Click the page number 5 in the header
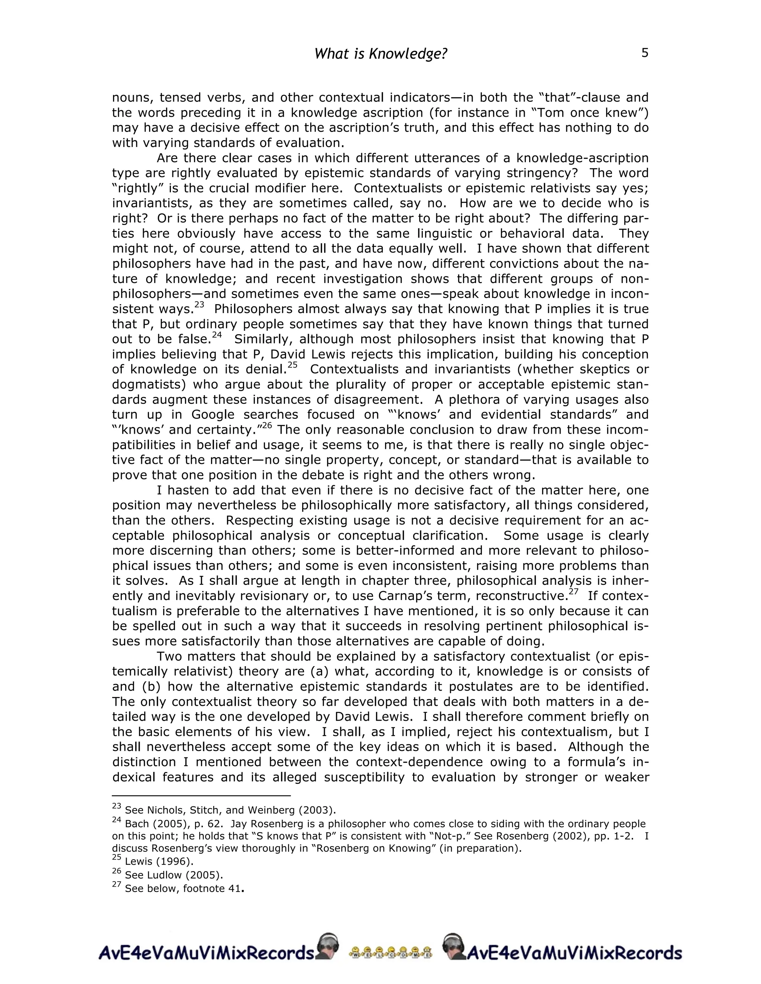[x=645, y=53]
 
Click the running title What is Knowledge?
[x=380, y=54]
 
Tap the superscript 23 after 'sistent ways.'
[x=199, y=305]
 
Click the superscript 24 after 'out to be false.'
[x=217, y=335]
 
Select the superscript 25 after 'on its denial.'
[x=292, y=365]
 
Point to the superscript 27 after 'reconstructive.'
[x=573, y=592]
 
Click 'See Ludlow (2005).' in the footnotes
[x=174, y=875]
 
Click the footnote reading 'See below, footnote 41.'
[x=184, y=889]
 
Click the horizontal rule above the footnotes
[x=201, y=796]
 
